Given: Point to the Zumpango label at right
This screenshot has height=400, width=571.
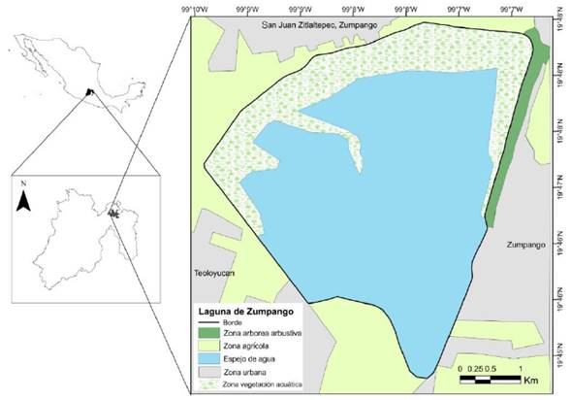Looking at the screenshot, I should click(x=526, y=247).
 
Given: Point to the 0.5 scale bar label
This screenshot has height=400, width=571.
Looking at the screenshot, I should click(x=491, y=369).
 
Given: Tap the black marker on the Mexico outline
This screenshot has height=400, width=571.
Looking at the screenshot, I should click(x=89, y=92).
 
